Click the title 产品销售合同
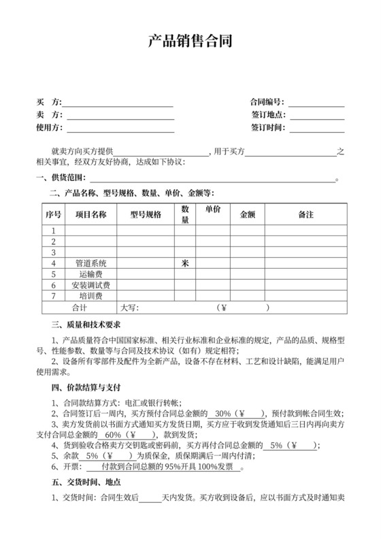click(190, 42)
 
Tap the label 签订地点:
click(267, 115)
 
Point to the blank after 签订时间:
click(318, 127)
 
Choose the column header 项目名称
click(90, 215)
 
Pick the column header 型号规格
click(145, 215)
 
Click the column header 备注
click(305, 215)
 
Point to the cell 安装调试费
click(90, 285)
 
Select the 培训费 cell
click(90, 296)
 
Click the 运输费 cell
click(90, 274)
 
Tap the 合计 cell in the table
click(80, 308)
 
